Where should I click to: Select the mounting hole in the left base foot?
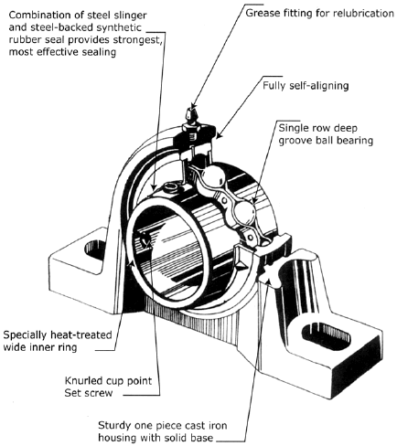point(94,247)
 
